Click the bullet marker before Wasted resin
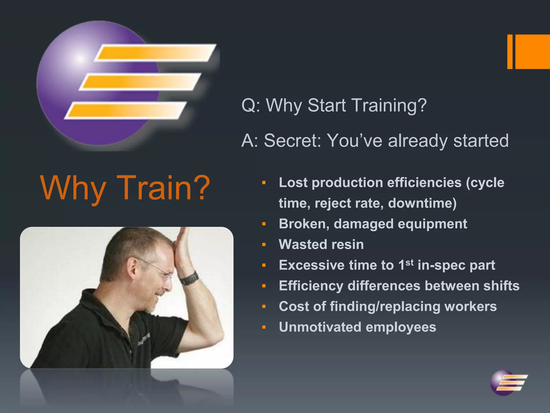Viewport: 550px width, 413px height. coord(264,245)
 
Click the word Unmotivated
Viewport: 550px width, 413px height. coord(320,327)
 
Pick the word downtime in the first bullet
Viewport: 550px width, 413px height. coord(422,203)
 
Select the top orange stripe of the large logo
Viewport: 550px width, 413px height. coord(156,52)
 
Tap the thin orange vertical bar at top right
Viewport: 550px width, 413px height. coord(510,52)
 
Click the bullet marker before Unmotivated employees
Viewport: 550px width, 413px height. coord(264,327)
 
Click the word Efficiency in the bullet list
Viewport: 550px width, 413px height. coord(311,286)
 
